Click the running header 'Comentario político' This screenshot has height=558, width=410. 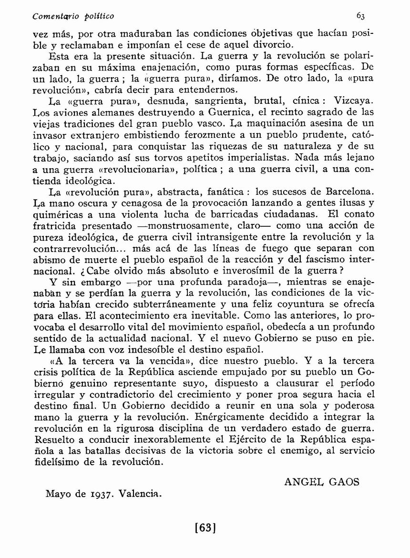tap(73, 16)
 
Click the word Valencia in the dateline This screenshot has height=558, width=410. tap(142, 494)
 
